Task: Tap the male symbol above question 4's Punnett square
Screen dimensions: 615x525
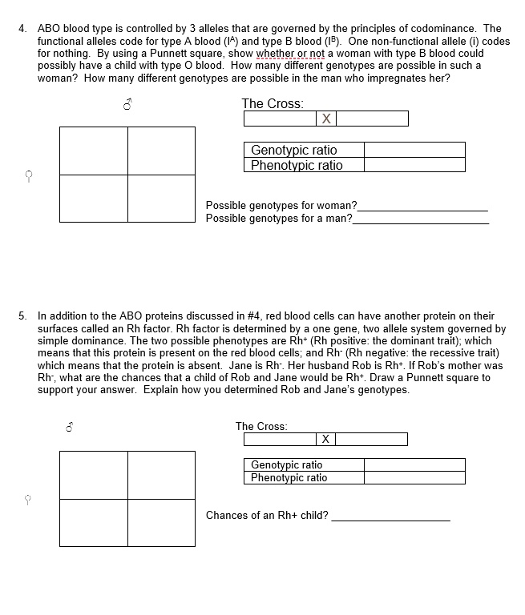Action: (x=127, y=106)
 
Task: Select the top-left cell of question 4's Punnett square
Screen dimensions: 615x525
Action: (x=93, y=151)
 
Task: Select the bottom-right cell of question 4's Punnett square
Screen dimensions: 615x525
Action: (x=161, y=198)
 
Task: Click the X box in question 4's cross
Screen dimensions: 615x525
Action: (x=325, y=119)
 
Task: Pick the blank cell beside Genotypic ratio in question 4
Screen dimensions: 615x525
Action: (x=414, y=150)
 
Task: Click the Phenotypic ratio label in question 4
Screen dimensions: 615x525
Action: (x=297, y=165)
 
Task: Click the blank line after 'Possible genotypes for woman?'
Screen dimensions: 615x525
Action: (x=423, y=208)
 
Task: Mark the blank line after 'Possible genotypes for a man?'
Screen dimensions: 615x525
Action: (x=420, y=222)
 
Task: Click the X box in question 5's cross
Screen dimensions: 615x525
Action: (x=325, y=439)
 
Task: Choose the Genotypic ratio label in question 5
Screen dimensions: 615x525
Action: (x=287, y=464)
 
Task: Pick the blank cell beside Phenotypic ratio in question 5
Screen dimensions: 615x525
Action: (x=414, y=477)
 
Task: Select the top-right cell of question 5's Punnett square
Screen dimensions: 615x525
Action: (x=161, y=475)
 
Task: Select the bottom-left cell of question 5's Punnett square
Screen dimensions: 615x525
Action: (x=93, y=522)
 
